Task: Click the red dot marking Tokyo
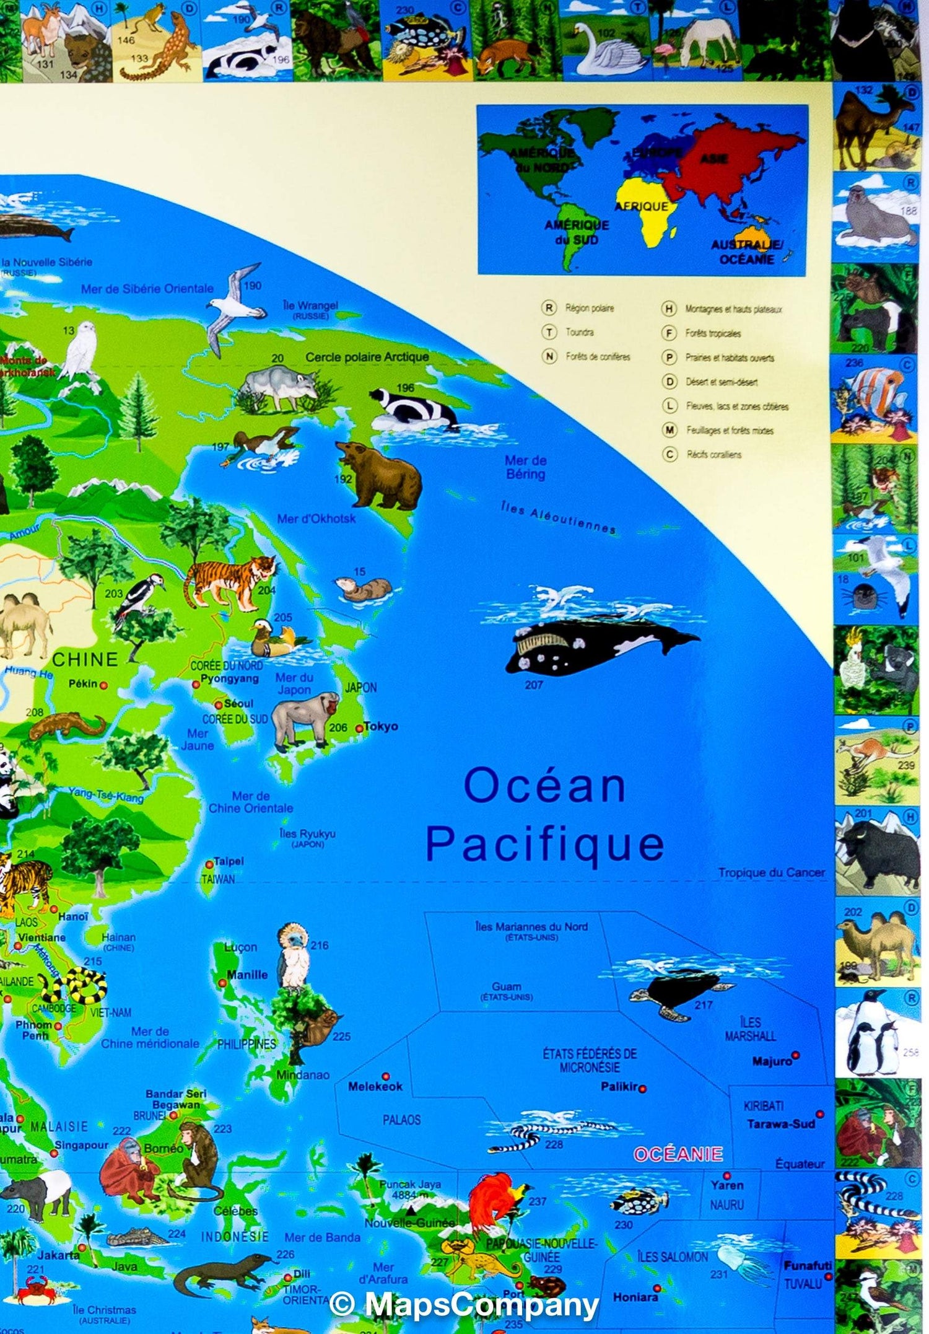click(x=359, y=729)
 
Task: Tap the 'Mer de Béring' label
click(x=526, y=467)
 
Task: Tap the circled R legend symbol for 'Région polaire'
click(x=549, y=308)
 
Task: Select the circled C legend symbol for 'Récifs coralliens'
click(x=669, y=454)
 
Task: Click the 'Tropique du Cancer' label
click(x=771, y=872)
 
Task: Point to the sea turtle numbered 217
click(x=678, y=990)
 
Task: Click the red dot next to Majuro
click(x=796, y=1055)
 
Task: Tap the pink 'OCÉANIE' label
click(x=678, y=1154)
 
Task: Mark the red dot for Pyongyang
click(x=196, y=684)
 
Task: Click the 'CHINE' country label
click(x=85, y=659)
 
